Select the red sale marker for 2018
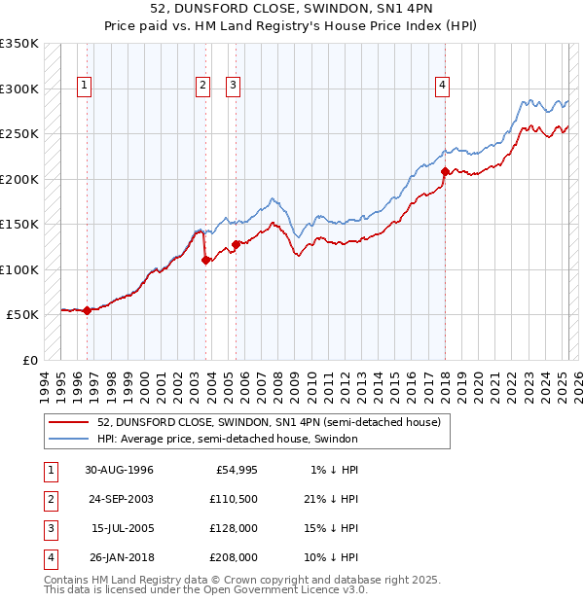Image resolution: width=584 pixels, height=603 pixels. point(445,171)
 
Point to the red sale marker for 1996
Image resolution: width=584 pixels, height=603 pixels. point(87,310)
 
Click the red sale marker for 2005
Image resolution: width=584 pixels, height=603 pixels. point(236,244)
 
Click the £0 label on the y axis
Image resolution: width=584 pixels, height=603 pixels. point(29,360)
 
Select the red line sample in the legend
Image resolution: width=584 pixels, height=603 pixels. point(69,422)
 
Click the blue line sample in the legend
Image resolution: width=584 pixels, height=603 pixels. point(69,439)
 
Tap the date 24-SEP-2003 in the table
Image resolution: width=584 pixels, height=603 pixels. point(119,500)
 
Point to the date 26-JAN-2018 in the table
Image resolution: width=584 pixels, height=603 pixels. point(119,557)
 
